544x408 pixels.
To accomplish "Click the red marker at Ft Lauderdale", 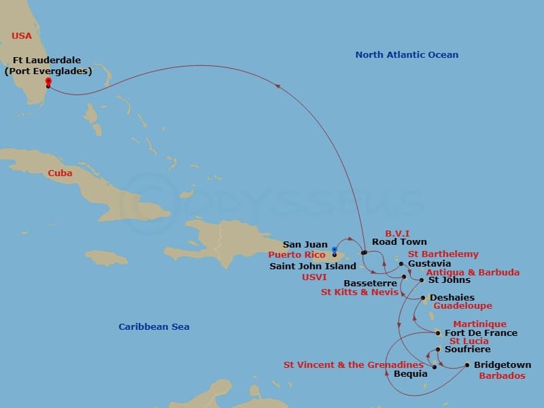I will click(48, 82).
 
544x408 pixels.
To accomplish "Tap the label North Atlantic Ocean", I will click(407, 54).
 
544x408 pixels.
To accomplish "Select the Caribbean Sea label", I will click(154, 327).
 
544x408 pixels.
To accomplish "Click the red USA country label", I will click(21, 35).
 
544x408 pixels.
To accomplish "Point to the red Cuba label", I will click(60, 173).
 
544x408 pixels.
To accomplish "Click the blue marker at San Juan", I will click(334, 250).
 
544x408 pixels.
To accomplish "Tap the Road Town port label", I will click(399, 242).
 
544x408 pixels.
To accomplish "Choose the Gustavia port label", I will click(429, 264).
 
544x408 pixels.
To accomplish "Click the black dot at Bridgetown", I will click(466, 365).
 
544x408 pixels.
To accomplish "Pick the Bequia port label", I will click(411, 374).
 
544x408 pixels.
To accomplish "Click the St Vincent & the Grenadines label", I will click(353, 365).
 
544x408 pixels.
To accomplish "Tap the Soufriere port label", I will click(467, 350).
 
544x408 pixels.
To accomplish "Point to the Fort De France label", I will click(481, 333).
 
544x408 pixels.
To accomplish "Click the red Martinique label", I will click(479, 324).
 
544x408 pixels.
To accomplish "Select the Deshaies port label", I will click(452, 298).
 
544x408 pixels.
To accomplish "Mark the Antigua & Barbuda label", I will click(473, 273).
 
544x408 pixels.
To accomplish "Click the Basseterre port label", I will click(370, 283).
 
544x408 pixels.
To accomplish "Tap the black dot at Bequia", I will click(435, 367).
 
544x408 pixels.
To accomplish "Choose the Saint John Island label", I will click(313, 267).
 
